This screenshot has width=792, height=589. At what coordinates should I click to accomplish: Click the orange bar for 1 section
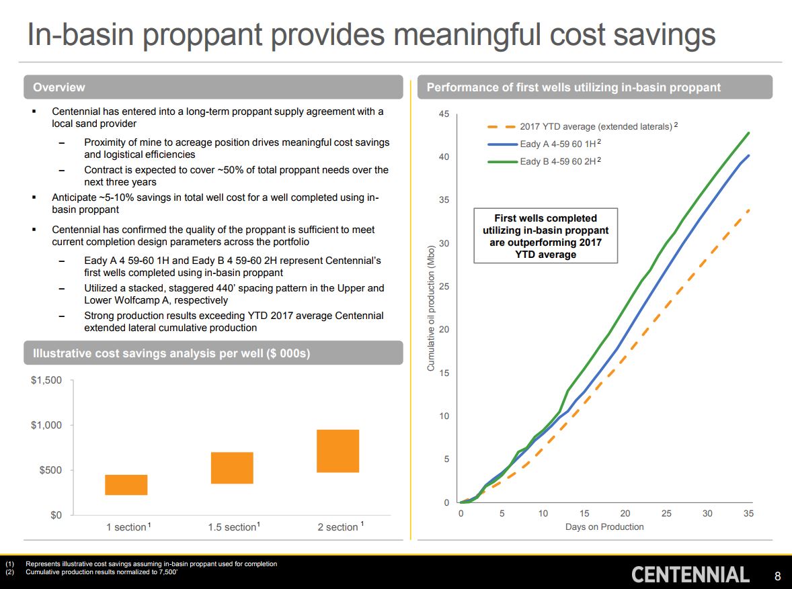pos(126,485)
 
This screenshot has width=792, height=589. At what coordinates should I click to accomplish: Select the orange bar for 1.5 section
pos(232,468)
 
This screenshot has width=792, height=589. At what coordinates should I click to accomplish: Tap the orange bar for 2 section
pos(338,451)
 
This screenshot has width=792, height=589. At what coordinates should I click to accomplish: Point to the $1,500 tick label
pos(46,380)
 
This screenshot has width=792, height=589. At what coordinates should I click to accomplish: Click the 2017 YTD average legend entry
pos(595,126)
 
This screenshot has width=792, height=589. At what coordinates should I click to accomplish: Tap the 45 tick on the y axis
pos(444,114)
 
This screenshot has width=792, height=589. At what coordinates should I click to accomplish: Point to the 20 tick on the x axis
pos(625,514)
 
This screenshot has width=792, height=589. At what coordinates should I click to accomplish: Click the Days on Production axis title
pos(604,527)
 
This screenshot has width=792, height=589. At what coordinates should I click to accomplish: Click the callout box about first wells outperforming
pos(545,236)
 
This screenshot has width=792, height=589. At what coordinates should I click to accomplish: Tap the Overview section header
pos(59,87)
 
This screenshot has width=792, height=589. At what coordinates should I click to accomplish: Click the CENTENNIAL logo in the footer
pos(690,575)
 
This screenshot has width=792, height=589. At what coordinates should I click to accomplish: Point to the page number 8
pos(778,576)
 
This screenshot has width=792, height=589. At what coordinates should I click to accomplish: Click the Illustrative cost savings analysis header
pos(171,353)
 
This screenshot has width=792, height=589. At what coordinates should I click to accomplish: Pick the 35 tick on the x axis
pos(749,514)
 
